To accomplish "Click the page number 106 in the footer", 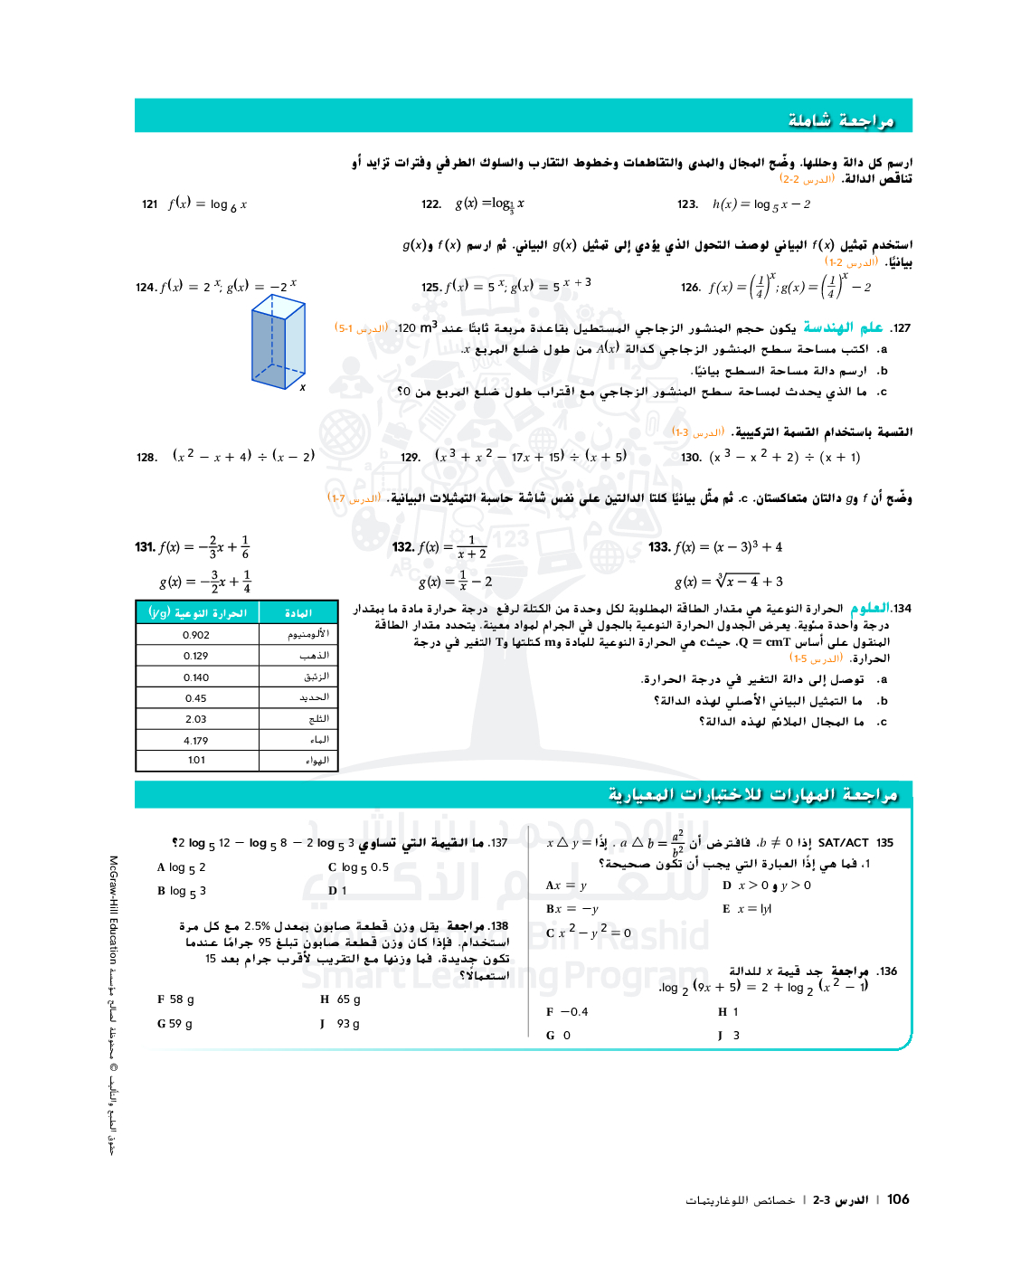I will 898,1199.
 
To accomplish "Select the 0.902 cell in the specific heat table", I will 196,635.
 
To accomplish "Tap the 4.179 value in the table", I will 196,741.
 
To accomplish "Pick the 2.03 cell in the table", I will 196,719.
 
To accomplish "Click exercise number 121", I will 150,204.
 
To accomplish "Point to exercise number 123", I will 687,204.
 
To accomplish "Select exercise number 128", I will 146,458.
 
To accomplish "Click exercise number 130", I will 691,458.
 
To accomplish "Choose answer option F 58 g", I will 175,999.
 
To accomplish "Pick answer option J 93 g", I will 340,1024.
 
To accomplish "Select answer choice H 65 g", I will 340,999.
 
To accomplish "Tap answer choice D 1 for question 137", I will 337,891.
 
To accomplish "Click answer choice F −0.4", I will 567,1012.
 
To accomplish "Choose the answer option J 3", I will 729,1036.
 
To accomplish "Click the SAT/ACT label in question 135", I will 843,843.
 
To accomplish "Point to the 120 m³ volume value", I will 417,327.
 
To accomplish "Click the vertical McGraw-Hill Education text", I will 114,909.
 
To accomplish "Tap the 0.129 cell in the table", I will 196,656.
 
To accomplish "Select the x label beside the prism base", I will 303,387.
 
